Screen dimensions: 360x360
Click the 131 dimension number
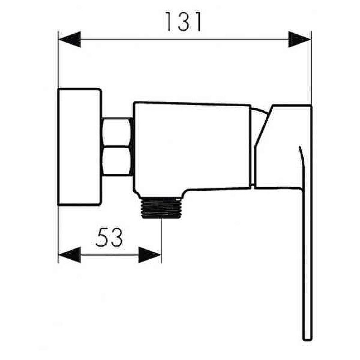(x=183, y=22)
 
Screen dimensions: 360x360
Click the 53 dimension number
(x=109, y=237)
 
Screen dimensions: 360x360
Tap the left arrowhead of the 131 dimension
(x=70, y=40)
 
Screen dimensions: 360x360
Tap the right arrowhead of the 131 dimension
(x=299, y=40)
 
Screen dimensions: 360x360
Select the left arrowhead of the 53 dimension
(x=70, y=255)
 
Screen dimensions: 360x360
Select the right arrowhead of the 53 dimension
(x=150, y=255)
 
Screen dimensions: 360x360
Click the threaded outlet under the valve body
(x=162, y=207)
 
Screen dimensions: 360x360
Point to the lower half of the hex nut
(x=117, y=161)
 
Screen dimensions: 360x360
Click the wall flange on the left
(x=79, y=147)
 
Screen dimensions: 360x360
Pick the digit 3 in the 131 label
(x=183, y=22)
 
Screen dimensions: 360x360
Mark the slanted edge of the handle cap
(x=264, y=126)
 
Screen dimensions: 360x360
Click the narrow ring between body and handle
(x=253, y=147)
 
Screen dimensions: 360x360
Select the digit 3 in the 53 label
(x=116, y=237)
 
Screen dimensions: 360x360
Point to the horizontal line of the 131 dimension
(x=185, y=40)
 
